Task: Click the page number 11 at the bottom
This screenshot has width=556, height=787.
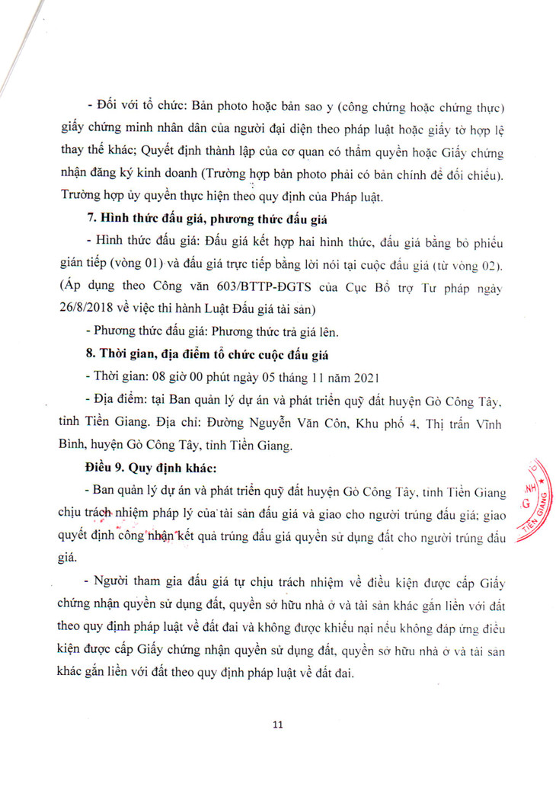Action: (x=278, y=725)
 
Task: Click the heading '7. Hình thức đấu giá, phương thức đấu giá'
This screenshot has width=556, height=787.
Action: (x=206, y=219)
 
